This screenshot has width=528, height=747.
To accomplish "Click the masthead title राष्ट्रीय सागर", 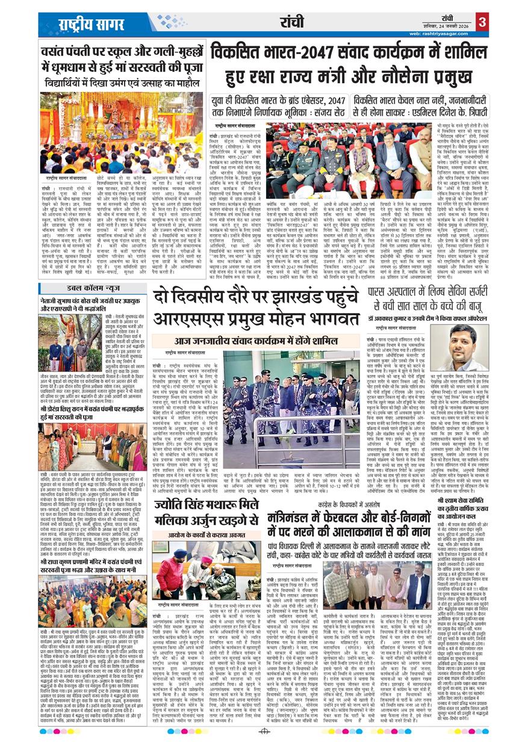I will click(82, 24).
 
